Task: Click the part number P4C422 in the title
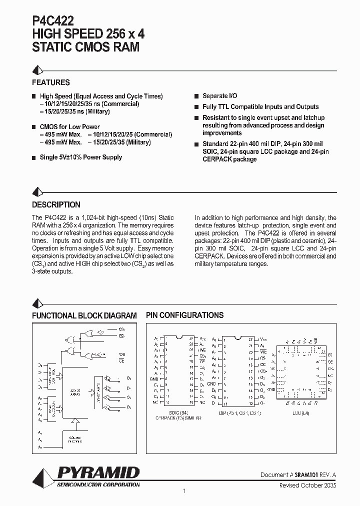click(x=53, y=20)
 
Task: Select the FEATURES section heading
click(x=50, y=82)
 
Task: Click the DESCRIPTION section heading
click(x=56, y=204)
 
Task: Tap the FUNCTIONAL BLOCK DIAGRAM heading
click(x=84, y=315)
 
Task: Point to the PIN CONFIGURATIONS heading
click(x=184, y=315)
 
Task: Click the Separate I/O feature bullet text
click(x=219, y=95)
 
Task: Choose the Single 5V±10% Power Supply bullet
click(x=80, y=157)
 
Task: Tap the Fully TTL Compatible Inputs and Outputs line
click(x=260, y=106)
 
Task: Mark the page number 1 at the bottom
click(x=184, y=491)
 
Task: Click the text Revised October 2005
click(x=308, y=485)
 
